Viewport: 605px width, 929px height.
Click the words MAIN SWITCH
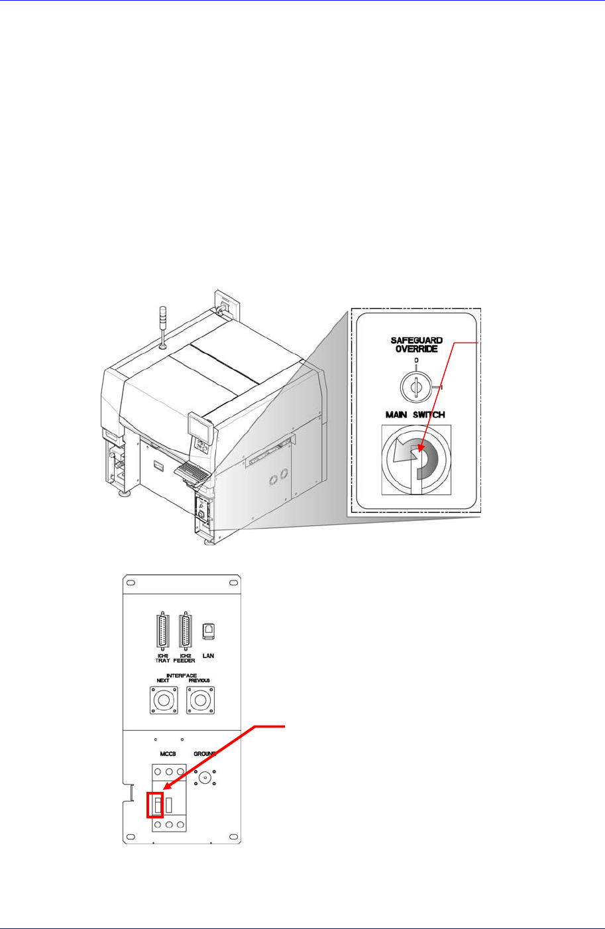tap(415, 415)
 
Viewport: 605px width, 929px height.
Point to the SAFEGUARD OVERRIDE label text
tap(416, 345)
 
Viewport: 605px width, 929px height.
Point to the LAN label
tap(208, 656)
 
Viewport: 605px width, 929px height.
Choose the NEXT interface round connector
tap(163, 700)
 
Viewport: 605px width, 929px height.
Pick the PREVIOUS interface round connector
tap(199, 700)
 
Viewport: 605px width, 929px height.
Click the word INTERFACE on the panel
tap(181, 676)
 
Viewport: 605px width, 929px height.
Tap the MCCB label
tap(166, 754)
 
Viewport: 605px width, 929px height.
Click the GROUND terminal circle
tap(205, 779)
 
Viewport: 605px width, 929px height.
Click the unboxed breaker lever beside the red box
tap(170, 805)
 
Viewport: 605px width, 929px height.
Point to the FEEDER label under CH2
tap(184, 661)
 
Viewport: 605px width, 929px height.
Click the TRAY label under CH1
tap(162, 661)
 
